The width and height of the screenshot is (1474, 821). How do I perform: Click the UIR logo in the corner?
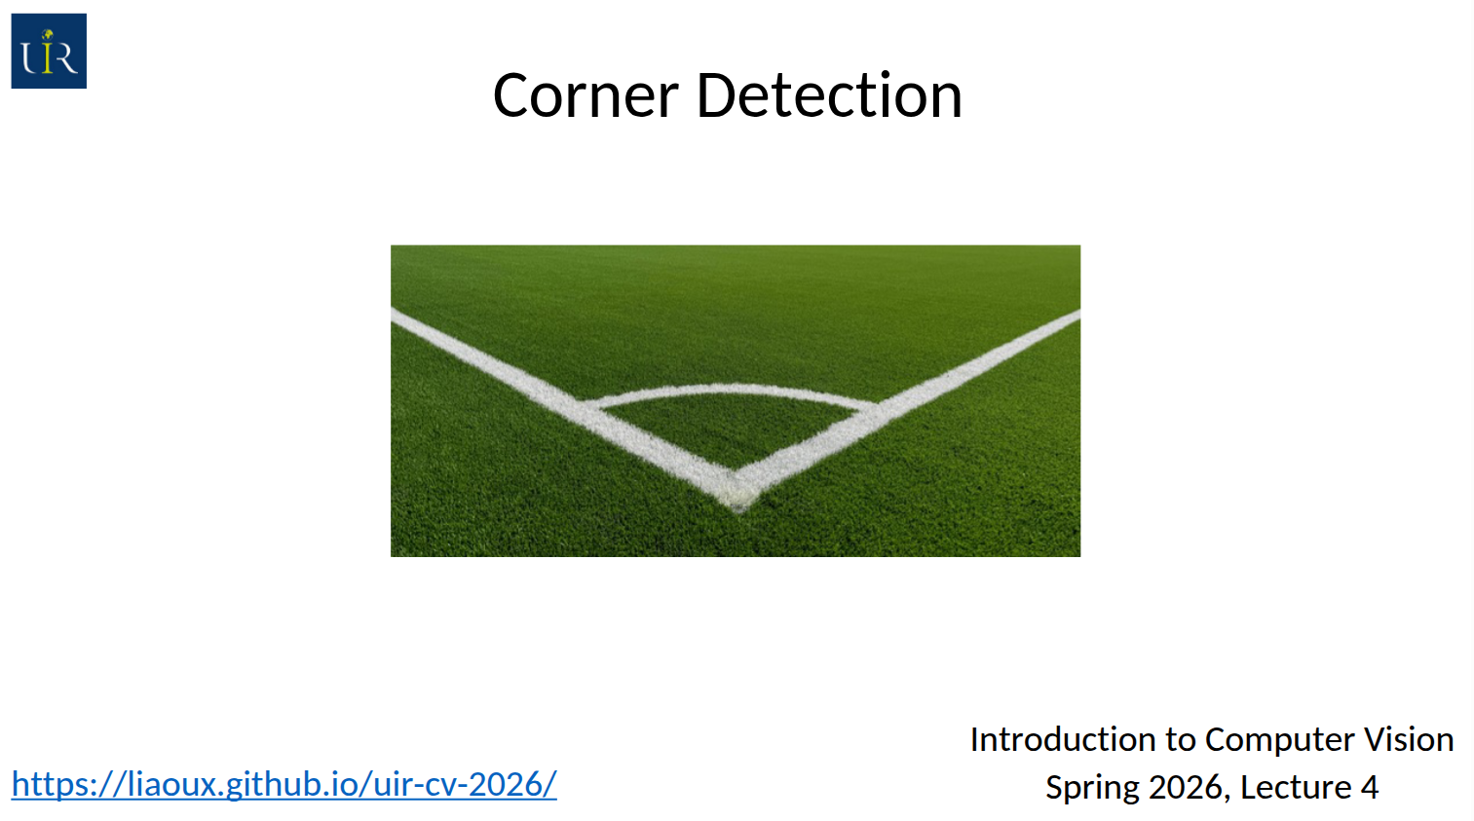point(49,51)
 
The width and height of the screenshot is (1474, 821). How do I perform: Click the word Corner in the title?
point(586,95)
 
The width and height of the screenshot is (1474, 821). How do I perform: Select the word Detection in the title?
point(830,94)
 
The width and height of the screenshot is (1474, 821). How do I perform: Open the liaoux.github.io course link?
point(284,783)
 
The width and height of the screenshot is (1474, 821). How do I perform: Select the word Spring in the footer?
point(1092,788)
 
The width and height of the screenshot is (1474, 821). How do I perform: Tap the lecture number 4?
point(1370,787)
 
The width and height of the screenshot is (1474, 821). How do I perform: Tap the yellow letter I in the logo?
point(46,52)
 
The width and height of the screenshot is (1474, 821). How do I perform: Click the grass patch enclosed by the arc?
point(732,428)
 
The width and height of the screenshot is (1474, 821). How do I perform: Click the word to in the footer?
point(1181,740)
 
